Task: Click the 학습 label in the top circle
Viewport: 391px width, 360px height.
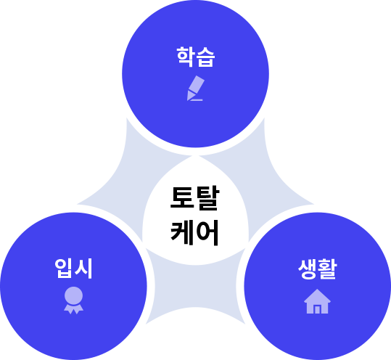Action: tap(196, 57)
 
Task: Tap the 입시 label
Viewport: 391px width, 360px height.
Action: tap(73, 269)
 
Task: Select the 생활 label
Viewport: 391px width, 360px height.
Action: tap(318, 269)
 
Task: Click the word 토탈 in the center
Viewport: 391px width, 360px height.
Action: tap(194, 198)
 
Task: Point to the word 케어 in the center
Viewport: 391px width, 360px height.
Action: tap(194, 232)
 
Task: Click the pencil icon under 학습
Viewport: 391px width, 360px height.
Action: tap(196, 88)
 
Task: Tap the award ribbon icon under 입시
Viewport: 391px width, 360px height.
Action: tap(73, 300)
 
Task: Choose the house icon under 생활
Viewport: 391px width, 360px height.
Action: tap(317, 301)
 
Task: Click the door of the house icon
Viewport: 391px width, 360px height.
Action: tap(317, 309)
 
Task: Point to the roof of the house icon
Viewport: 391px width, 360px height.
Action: tap(317, 296)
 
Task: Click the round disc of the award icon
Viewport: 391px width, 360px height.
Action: tap(73, 295)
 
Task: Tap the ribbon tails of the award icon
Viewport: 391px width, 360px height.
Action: tap(73, 309)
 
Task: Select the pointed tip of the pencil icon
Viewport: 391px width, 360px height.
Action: tap(188, 99)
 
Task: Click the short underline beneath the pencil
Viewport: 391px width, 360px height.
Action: tap(197, 100)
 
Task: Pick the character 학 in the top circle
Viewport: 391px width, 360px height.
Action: tap(186, 57)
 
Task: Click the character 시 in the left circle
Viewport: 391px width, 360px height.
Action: tap(84, 269)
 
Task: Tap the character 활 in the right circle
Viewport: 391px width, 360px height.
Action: tap(327, 269)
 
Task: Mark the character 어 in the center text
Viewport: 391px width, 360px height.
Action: tap(207, 232)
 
